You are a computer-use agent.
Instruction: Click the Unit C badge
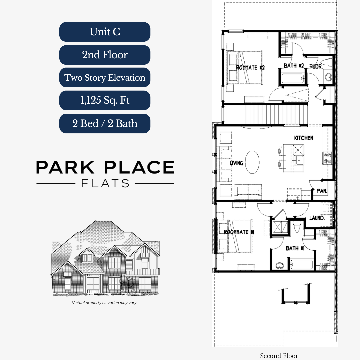pos(105,32)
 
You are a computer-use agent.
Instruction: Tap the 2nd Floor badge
pos(105,55)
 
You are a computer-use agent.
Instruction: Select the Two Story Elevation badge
pos(105,78)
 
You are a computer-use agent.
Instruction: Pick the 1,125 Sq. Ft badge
pos(105,100)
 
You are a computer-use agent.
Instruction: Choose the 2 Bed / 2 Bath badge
pos(105,123)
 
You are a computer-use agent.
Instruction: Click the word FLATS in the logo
pos(105,183)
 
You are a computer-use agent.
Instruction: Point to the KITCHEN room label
pos(303,138)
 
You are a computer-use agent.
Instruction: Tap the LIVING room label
pos(236,163)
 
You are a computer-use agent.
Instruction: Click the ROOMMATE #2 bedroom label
pos(250,68)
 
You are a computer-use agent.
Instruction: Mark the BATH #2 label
pos(294,66)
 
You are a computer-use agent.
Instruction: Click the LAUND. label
pos(317,218)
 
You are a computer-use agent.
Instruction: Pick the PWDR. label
pos(315,66)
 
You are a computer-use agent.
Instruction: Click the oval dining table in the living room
pos(253,162)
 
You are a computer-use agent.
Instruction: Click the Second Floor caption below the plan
pos(279,356)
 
